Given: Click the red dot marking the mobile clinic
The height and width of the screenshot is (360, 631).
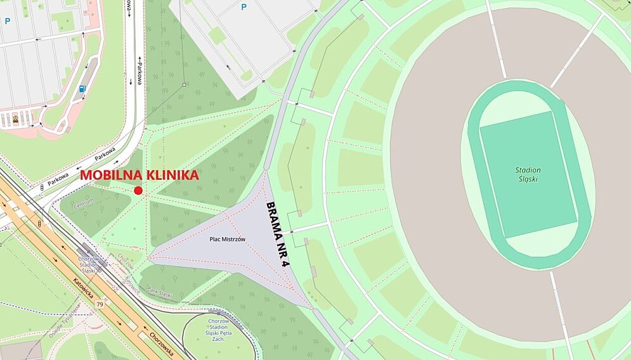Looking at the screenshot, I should click(138, 191).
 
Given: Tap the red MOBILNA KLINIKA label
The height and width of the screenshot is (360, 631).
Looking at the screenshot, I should click(139, 176).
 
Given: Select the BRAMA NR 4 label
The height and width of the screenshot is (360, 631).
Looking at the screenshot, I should click(277, 234).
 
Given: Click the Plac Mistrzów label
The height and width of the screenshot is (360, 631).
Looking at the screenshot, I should click(227, 239).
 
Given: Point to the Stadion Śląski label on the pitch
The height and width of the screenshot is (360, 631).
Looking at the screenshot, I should click(528, 174).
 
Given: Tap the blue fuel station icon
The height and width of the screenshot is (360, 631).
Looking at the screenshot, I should click(82, 89).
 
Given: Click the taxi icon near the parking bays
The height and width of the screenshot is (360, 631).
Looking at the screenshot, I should click(15, 119).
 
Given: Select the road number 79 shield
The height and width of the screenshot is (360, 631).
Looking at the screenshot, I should click(99, 305).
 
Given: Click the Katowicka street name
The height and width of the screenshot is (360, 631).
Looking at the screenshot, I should click(83, 289).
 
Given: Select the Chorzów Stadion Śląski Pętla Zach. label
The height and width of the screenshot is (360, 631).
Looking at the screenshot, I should click(218, 330).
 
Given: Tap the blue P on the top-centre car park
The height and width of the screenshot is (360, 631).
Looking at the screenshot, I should click(243, 7).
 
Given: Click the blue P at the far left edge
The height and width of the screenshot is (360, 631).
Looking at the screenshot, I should click(8, 21).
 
